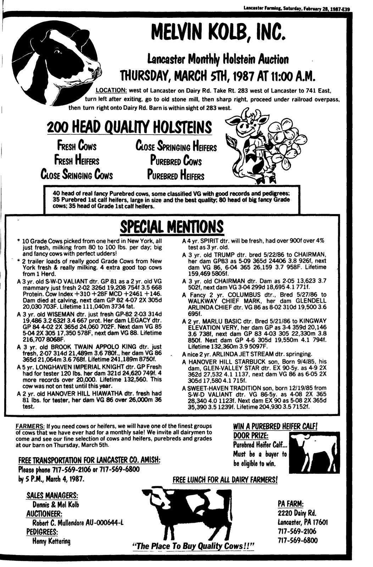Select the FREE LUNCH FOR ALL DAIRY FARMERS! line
click(225, 480)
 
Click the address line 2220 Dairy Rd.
click(297, 513)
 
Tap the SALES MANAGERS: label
click(52, 495)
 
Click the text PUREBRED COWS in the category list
click(176, 161)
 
